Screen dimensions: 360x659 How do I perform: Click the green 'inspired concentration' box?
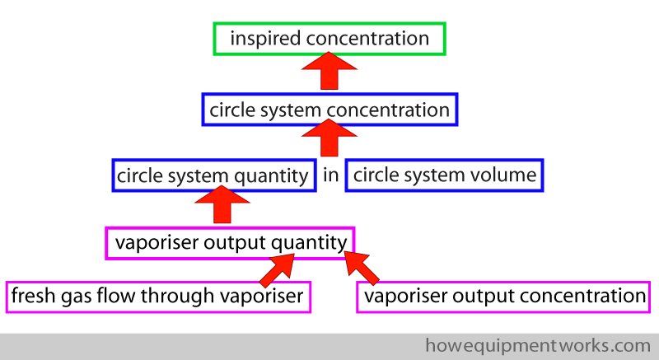[x=329, y=39]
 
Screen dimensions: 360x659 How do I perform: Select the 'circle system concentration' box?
[x=329, y=110]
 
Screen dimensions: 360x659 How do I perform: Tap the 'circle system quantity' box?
[x=213, y=175]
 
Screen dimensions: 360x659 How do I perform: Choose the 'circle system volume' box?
[x=444, y=175]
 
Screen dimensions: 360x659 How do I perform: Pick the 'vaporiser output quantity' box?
[x=230, y=242]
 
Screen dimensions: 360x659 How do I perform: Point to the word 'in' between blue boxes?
[x=330, y=175]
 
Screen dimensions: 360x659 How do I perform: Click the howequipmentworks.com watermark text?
[x=538, y=345]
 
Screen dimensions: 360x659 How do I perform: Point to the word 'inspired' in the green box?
[x=259, y=39]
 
